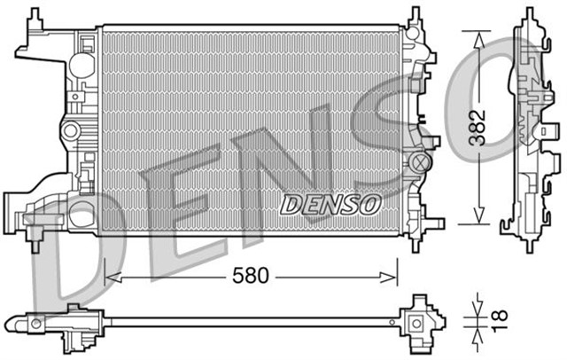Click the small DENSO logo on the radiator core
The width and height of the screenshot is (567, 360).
(x=330, y=204)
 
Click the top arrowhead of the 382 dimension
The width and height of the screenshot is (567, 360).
(x=479, y=36)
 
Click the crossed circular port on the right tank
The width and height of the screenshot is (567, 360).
(x=421, y=163)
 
